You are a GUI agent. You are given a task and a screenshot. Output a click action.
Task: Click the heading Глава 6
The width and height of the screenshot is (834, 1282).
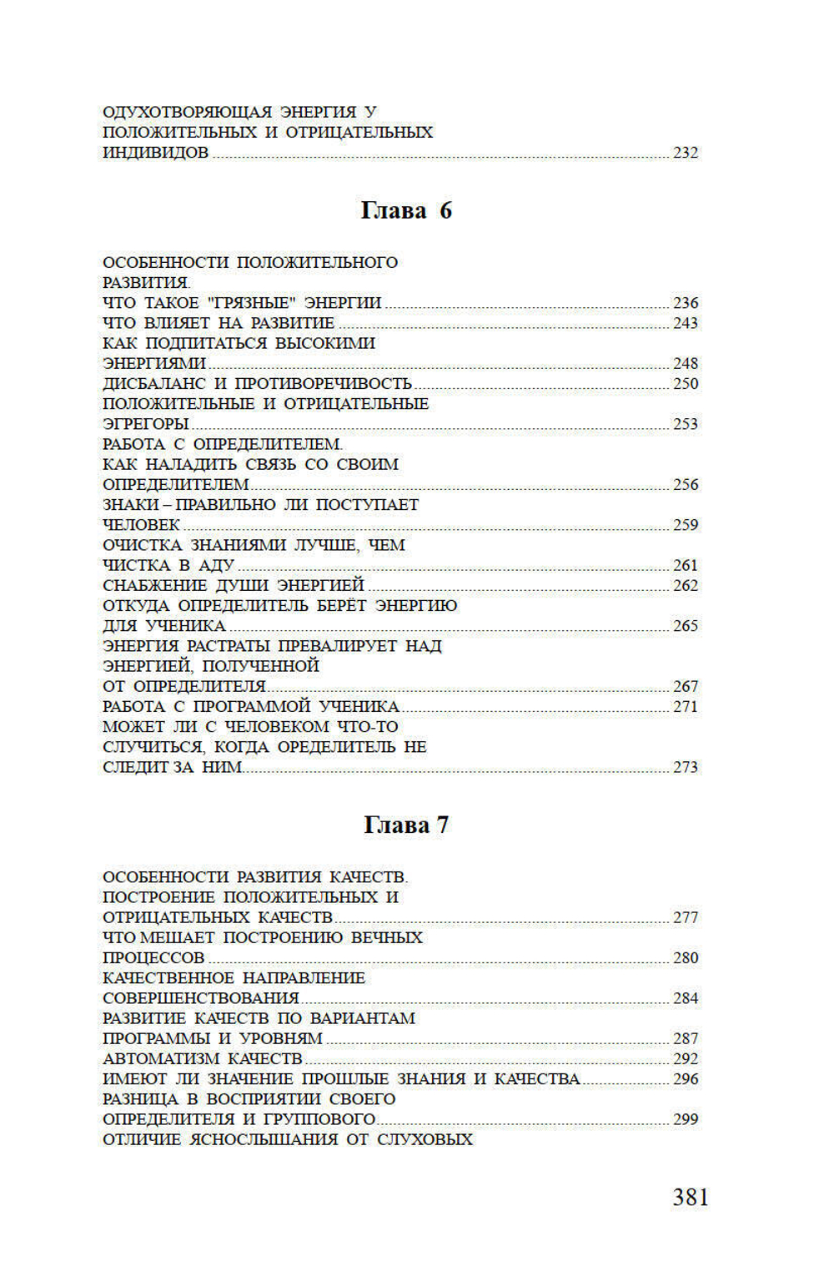[x=406, y=210]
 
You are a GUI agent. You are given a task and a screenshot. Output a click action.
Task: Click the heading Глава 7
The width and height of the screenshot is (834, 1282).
[x=406, y=825]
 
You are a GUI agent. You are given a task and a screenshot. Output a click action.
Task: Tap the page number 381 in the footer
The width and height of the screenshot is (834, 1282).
[x=691, y=1197]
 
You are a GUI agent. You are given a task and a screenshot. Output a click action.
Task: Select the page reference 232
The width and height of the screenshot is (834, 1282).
[x=686, y=153]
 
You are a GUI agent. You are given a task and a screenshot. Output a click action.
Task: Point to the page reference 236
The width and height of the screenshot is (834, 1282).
[x=686, y=303]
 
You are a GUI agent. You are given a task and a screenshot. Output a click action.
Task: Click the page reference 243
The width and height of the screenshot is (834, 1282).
[x=686, y=323]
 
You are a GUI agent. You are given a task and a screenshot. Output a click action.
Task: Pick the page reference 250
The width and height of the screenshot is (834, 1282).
[x=686, y=384]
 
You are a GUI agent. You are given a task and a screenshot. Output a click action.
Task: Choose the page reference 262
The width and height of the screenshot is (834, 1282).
[x=686, y=586]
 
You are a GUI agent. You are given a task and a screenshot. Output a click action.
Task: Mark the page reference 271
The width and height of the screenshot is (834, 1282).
[x=686, y=707]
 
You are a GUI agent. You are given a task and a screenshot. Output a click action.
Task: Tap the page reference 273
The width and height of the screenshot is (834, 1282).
[x=686, y=767]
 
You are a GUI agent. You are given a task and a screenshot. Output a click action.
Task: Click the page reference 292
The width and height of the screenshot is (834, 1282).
[x=686, y=1059]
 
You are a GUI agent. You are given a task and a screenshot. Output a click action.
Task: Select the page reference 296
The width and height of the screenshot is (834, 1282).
[x=686, y=1079]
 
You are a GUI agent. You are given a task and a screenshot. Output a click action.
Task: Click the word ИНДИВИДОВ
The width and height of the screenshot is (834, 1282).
[x=155, y=153]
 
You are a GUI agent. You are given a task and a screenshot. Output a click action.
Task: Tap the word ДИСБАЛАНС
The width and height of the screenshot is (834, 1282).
[x=153, y=384]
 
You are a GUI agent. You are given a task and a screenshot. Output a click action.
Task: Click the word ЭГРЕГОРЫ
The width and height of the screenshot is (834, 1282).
[x=146, y=424]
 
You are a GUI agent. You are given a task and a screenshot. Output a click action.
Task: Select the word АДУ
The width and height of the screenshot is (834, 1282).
[x=217, y=566]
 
